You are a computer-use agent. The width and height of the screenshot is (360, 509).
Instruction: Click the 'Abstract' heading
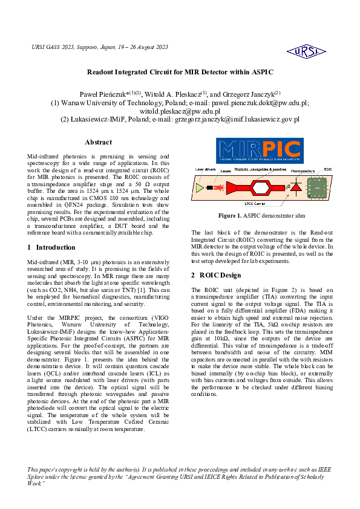98,142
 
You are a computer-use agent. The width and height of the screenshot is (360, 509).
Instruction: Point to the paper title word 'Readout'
103,72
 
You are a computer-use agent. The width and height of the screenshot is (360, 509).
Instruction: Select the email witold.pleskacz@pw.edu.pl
180,111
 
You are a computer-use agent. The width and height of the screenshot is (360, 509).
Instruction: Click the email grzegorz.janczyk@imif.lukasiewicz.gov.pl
237,120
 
